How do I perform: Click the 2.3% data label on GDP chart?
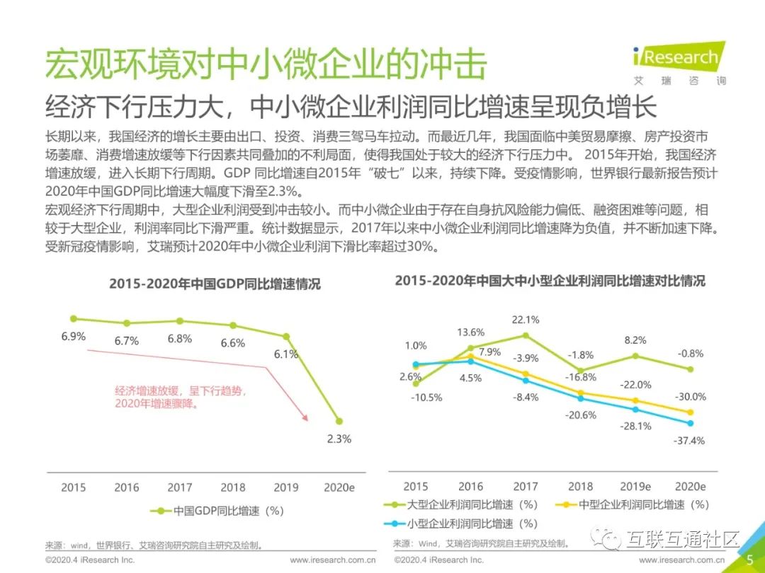[339, 439]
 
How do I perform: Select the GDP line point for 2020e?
[339, 420]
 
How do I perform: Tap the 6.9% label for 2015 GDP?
[73, 337]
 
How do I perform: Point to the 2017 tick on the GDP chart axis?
[180, 487]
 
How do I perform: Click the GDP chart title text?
[215, 284]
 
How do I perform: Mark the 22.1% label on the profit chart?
[526, 320]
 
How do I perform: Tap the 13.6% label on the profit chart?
[470, 332]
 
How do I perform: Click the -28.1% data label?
[636, 426]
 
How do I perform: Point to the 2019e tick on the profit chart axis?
[635, 487]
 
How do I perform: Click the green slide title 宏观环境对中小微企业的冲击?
[266, 65]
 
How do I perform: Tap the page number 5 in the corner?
[750, 560]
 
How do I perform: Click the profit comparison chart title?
[550, 281]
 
